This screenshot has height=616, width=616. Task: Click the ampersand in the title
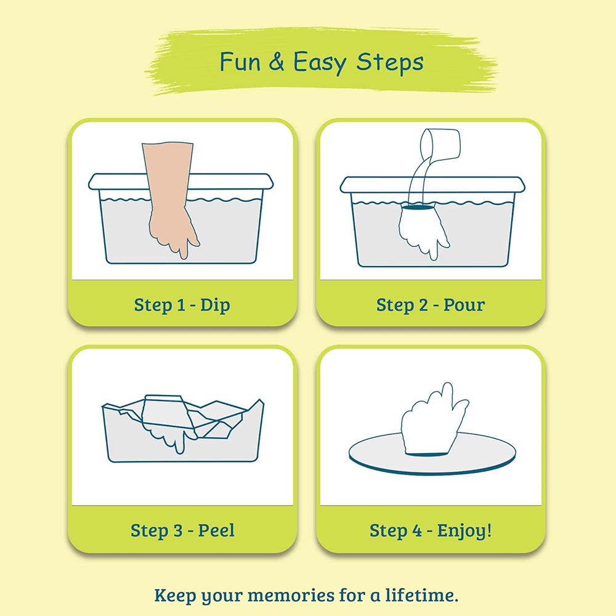(277, 62)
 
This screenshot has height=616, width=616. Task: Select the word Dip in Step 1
(215, 306)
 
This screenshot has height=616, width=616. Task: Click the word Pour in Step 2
(464, 305)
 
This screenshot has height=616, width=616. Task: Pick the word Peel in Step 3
(216, 530)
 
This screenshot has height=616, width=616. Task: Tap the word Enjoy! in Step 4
(464, 531)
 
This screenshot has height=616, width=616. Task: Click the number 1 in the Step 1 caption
(180, 306)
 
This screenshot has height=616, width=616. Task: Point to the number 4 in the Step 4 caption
(417, 531)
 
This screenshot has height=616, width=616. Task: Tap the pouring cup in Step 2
(440, 144)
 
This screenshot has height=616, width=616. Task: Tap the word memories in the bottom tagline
(291, 595)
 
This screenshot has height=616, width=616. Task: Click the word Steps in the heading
(390, 63)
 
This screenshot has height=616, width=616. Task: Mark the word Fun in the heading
(240, 62)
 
